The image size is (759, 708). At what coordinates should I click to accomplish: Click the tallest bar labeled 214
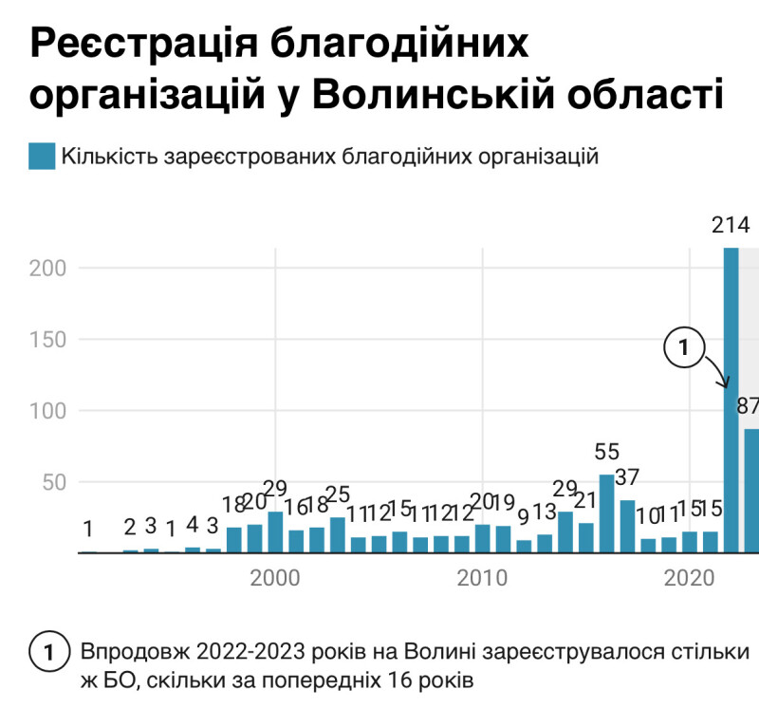click(x=731, y=399)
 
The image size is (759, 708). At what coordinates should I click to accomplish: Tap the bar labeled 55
click(x=606, y=513)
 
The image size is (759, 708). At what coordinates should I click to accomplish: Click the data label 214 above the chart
click(x=731, y=226)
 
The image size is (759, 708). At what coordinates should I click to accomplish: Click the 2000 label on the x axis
click(x=274, y=578)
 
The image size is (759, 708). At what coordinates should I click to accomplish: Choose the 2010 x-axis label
click(x=482, y=578)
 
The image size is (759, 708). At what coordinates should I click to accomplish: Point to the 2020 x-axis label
click(x=690, y=578)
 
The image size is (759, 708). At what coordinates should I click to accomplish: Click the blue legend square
click(x=42, y=157)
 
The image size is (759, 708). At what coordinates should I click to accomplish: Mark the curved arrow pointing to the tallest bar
click(x=716, y=372)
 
